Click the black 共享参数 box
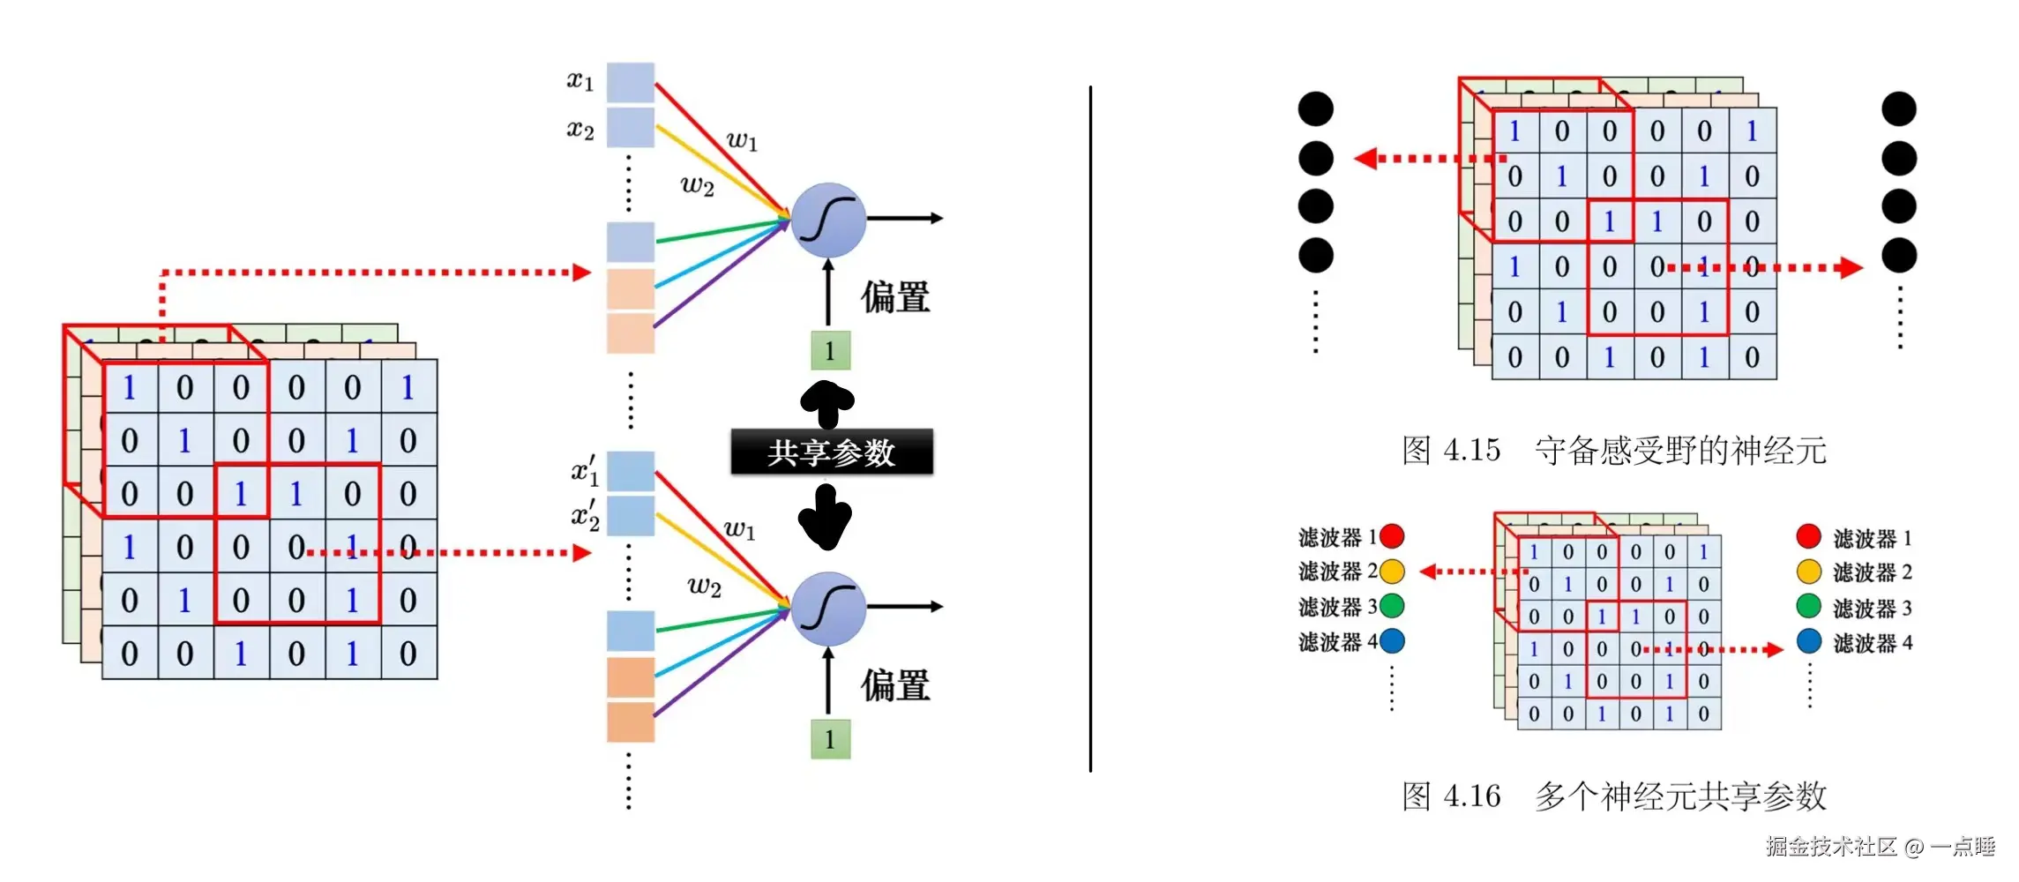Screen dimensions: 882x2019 (831, 452)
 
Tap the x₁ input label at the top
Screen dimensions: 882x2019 (580, 81)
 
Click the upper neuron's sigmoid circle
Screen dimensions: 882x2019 (827, 220)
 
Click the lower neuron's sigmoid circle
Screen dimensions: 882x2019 (827, 608)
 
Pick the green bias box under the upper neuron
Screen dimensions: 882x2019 (830, 350)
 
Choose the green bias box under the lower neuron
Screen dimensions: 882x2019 (830, 739)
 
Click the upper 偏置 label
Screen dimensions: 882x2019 (895, 297)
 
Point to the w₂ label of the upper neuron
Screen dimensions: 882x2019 (697, 185)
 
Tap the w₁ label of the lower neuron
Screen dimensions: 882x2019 (739, 529)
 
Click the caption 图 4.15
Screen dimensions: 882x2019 (1451, 450)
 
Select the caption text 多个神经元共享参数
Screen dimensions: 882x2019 (1680, 796)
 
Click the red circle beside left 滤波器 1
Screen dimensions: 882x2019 (1392, 536)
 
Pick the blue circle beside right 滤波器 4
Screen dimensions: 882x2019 (1808, 641)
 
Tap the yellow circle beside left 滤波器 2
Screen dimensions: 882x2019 (1392, 572)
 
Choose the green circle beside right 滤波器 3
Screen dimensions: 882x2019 (1808, 607)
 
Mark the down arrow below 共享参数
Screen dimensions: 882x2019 (825, 519)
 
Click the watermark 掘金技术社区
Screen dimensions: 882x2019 (1831, 847)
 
